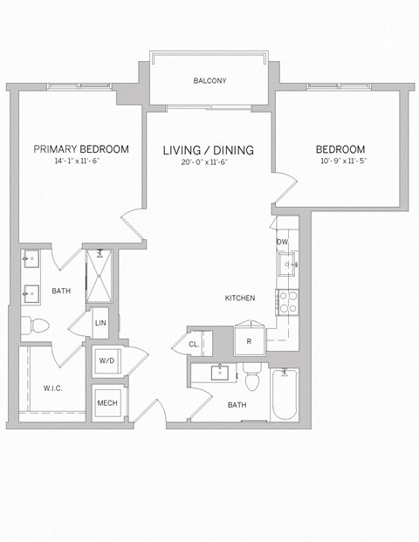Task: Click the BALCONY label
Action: coord(209,81)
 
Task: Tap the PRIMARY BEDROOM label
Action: coord(81,149)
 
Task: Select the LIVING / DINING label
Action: coord(209,150)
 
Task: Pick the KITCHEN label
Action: coord(239,298)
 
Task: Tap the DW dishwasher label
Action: coord(283,242)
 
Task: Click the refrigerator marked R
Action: coord(249,340)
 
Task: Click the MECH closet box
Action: coord(108,402)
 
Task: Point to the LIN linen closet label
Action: coord(100,323)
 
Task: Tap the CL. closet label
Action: coord(194,345)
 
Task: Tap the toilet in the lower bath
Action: coord(253,380)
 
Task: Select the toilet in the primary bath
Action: coord(38,326)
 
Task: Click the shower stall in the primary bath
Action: coord(99,275)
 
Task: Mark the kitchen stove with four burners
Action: coord(287,302)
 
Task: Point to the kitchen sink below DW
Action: coord(286,263)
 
